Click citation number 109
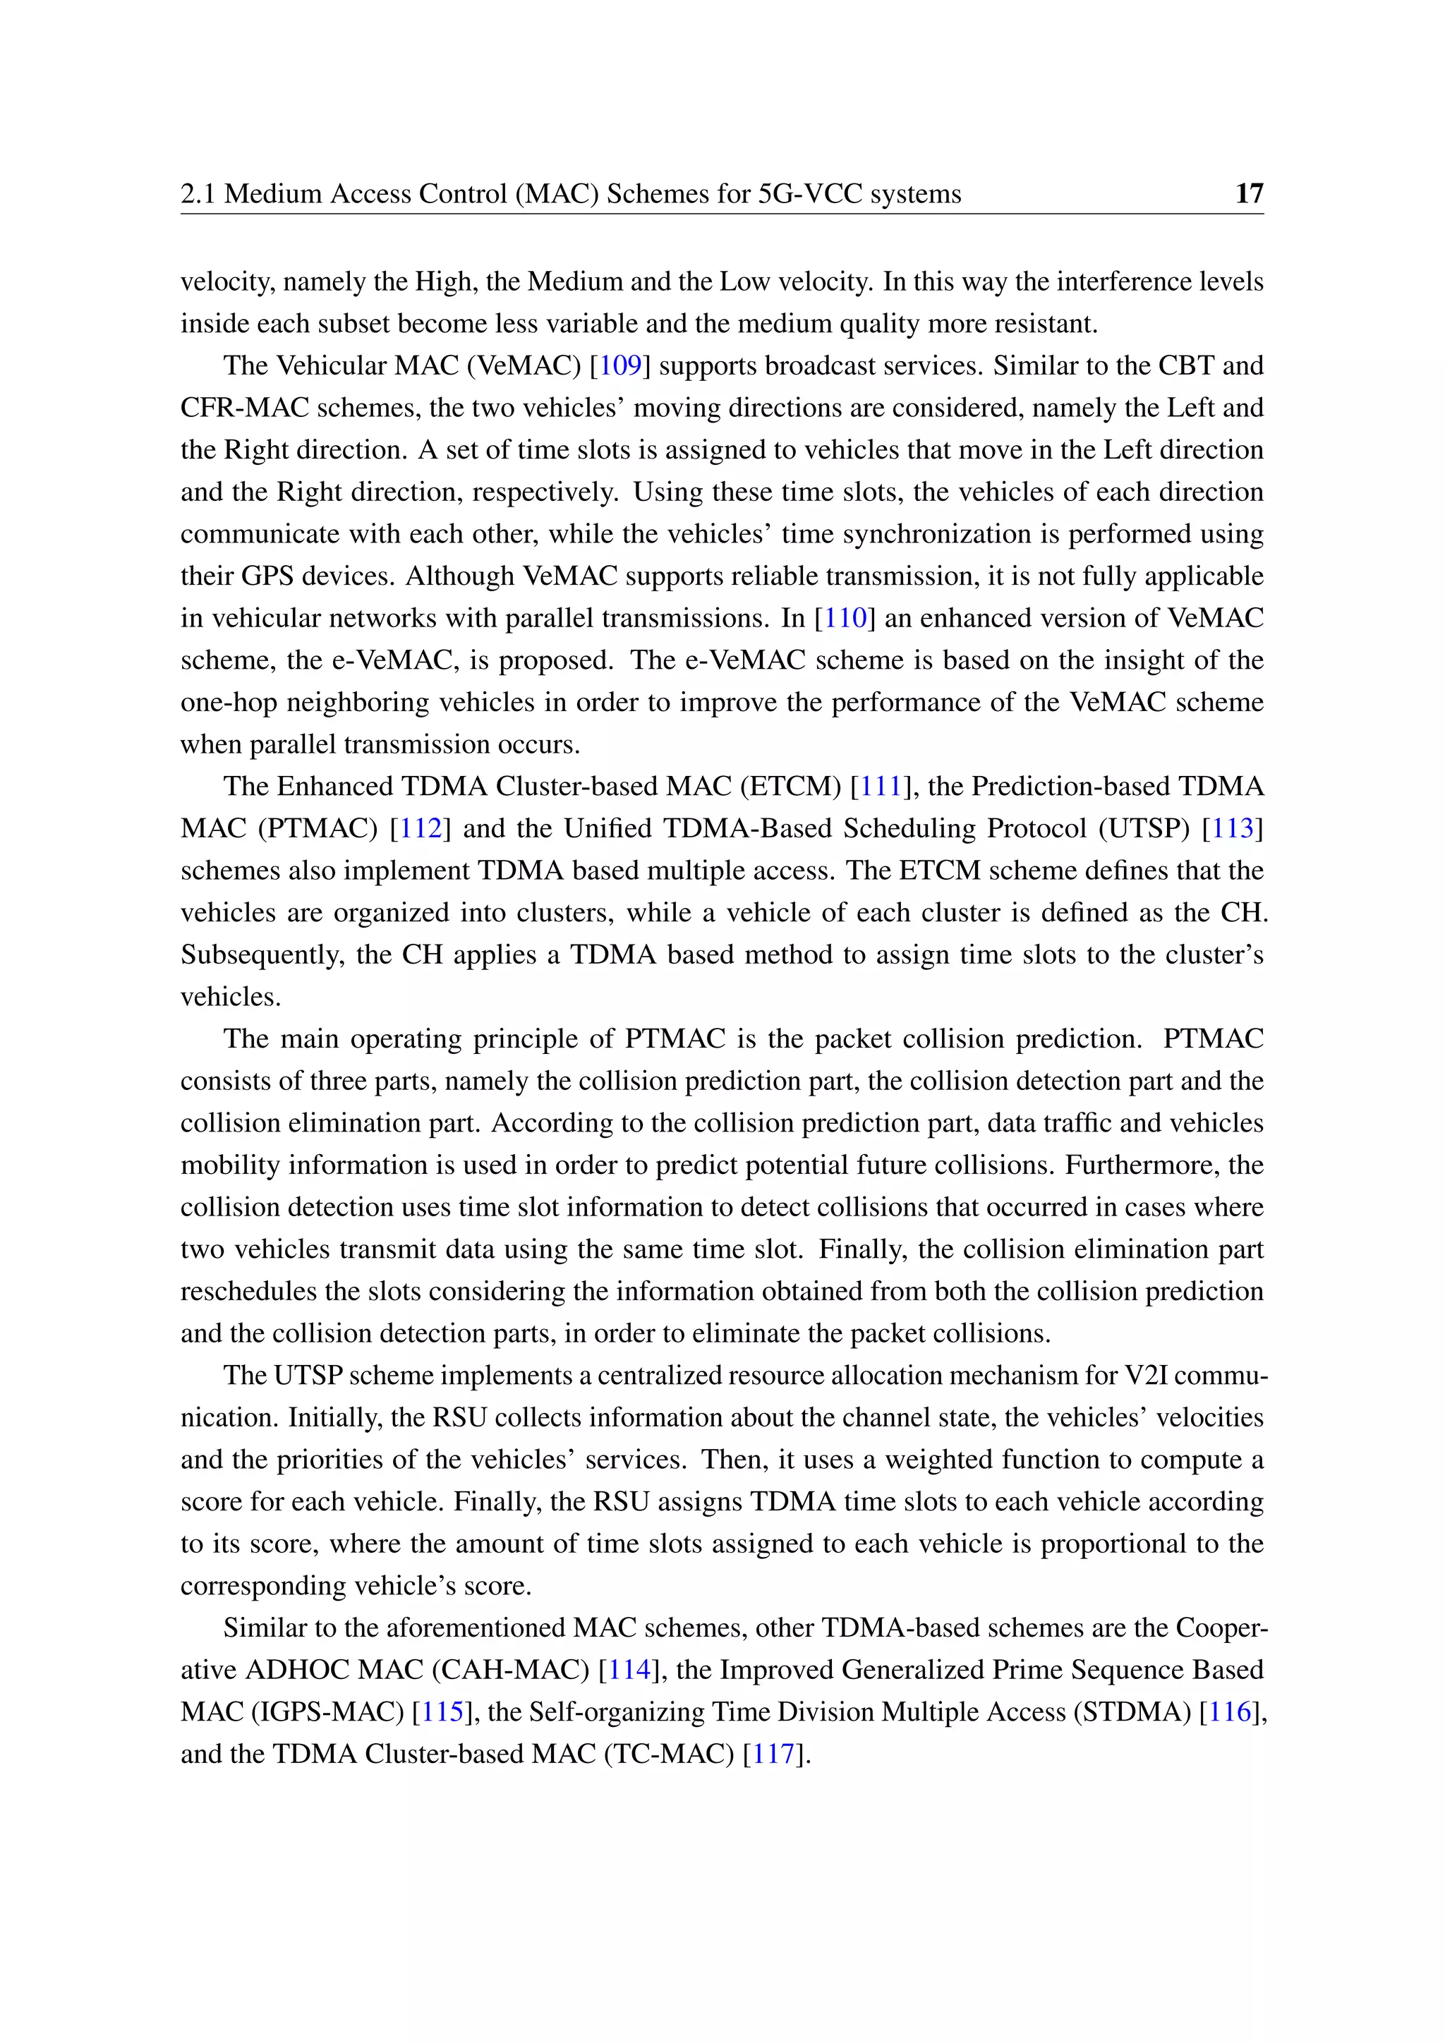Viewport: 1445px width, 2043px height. [x=619, y=365]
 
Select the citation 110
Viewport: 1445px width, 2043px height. [x=845, y=617]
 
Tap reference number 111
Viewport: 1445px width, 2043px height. [x=881, y=787]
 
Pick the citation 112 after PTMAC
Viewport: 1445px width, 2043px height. [x=421, y=828]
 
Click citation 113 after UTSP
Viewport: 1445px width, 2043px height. [x=1233, y=828]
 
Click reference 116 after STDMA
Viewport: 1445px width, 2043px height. [x=1231, y=1711]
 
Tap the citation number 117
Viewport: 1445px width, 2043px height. [x=773, y=1754]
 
